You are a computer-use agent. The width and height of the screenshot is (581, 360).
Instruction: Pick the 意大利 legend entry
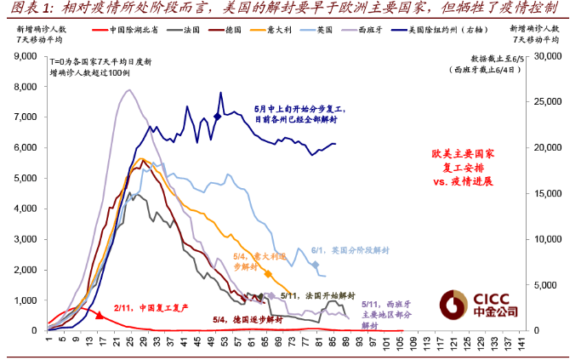tap(280, 30)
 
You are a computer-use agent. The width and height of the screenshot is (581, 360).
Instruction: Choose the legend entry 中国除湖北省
tap(133, 30)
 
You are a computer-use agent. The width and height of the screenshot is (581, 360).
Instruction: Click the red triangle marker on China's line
tap(100, 315)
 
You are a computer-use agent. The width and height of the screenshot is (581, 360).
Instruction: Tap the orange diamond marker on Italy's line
tap(269, 274)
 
